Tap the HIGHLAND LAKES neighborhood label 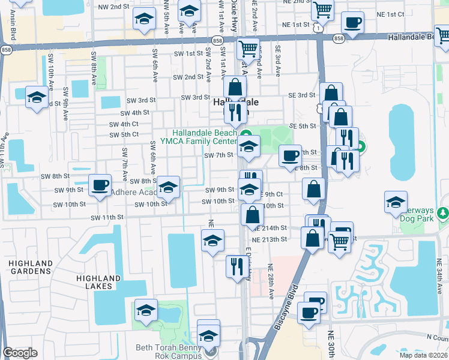[98, 282]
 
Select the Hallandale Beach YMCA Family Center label [204, 137]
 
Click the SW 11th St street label [107, 217]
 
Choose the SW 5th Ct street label [125, 134]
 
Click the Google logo [20, 353]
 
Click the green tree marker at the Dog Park [443, 212]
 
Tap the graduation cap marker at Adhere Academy [169, 188]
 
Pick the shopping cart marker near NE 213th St [340, 242]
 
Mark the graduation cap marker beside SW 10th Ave [37, 97]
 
